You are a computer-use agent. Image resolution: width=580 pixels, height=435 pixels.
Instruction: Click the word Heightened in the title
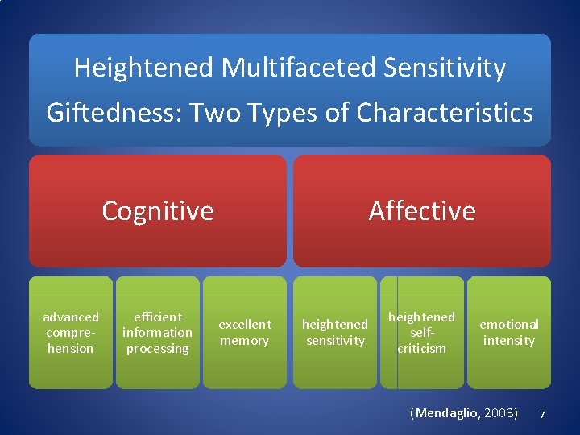(x=144, y=68)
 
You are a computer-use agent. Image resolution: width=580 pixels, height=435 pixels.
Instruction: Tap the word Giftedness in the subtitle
(x=113, y=112)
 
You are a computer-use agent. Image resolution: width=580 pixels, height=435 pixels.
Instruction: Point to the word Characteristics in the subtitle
(x=445, y=112)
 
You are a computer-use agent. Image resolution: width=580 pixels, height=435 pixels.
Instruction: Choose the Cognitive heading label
(x=158, y=211)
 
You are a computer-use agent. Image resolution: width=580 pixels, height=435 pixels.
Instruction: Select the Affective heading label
(x=422, y=211)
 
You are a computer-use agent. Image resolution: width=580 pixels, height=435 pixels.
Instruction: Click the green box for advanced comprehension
(x=71, y=333)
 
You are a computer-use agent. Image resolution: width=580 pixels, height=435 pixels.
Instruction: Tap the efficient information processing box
(x=158, y=333)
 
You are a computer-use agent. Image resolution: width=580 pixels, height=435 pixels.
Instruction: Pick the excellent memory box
(x=245, y=333)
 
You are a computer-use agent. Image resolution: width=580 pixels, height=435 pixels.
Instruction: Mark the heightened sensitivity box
(x=334, y=333)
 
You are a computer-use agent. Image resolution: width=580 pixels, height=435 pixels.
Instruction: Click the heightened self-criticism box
(x=422, y=333)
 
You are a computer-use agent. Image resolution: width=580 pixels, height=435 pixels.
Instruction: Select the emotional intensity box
(x=509, y=333)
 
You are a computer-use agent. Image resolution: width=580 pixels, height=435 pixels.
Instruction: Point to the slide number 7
(x=542, y=414)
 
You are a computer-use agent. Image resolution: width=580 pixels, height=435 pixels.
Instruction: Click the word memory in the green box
(x=245, y=341)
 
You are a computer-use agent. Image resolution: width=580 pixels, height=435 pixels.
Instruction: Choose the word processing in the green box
(x=158, y=349)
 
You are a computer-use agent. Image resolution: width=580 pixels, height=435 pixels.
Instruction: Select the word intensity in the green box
(x=509, y=341)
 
